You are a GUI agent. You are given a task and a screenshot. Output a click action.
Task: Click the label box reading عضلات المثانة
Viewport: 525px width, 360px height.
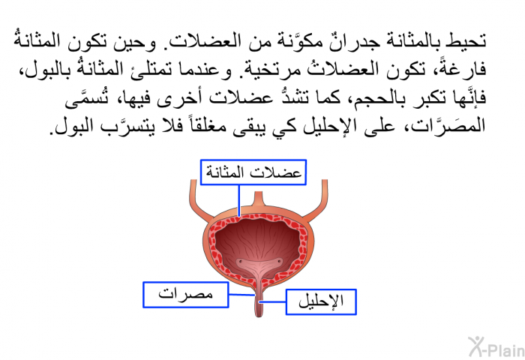253,172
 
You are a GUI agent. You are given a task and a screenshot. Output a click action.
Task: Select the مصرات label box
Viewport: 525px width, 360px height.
186,295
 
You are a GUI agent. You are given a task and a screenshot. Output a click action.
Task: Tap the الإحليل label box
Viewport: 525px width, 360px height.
321,301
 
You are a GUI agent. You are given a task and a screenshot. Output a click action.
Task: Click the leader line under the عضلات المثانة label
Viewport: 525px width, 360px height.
239,200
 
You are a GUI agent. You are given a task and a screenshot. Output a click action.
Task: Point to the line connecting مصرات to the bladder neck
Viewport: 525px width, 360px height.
241,295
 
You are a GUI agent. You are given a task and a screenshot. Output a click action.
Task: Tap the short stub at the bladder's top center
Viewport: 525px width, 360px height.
259,199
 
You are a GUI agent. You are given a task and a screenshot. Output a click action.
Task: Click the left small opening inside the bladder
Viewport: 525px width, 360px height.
240,262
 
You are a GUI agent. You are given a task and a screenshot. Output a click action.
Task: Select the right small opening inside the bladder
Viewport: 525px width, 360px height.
278,262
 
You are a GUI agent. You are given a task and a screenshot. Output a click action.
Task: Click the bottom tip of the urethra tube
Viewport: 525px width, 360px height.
259,316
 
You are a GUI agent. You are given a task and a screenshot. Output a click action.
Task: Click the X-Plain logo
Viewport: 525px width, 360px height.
496,347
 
